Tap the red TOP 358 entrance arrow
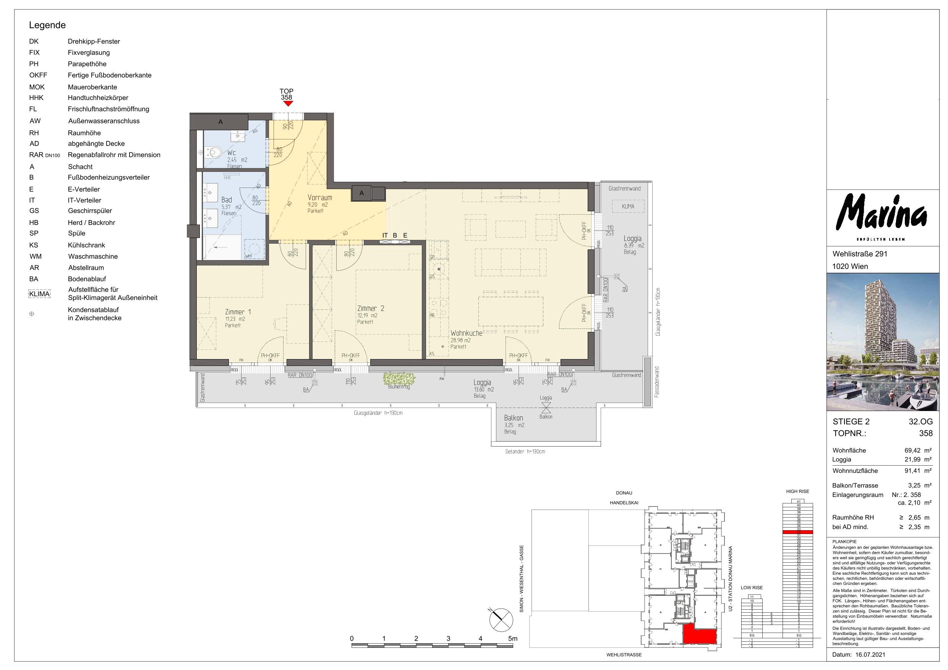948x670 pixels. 288,104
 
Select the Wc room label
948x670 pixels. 232,153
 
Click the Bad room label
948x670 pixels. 227,200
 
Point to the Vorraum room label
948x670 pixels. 319,198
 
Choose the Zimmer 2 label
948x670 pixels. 370,308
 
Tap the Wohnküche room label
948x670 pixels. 466,333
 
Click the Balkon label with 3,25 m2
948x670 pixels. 513,418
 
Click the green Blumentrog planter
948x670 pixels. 399,379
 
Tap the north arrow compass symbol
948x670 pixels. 501,620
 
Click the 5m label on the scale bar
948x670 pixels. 512,638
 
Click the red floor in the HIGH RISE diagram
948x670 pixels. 797,532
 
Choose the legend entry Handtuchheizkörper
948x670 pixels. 98,98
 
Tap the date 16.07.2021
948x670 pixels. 870,655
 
